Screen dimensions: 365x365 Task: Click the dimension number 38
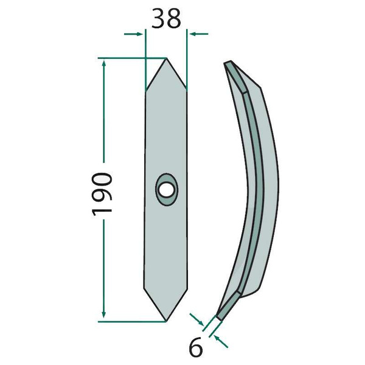tap(166, 18)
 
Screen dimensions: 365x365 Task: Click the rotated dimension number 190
tap(102, 194)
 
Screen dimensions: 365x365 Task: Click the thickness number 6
tap(195, 347)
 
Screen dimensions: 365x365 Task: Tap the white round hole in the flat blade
tap(166, 190)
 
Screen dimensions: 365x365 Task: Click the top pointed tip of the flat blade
tap(166, 58)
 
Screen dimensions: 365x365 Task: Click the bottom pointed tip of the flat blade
tap(166, 321)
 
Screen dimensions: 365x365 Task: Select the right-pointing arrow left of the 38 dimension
tap(133, 34)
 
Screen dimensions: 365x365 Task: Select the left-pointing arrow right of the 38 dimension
tap(199, 34)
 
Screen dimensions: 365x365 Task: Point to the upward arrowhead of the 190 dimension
tap(104, 63)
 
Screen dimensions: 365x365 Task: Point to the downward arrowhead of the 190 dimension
tap(104, 313)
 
